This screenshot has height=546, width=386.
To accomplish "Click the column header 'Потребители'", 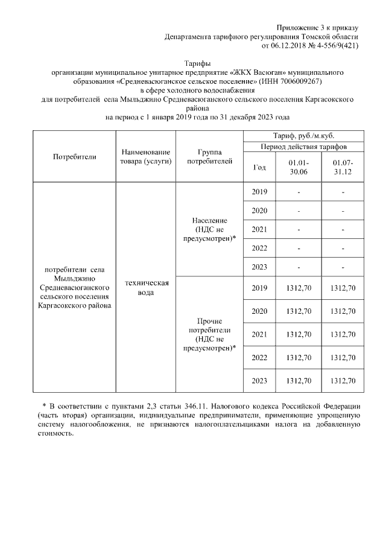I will click(x=74, y=156).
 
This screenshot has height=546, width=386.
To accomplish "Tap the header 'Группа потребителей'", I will click(x=209, y=157).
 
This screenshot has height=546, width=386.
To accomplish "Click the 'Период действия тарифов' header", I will click(x=303, y=147).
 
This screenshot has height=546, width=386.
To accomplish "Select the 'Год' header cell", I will click(x=259, y=168).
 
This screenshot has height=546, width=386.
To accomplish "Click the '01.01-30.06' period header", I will click(x=299, y=168).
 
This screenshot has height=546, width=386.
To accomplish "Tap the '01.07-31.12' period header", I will click(x=343, y=168).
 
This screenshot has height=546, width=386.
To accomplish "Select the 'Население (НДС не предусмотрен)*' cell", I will click(x=209, y=229).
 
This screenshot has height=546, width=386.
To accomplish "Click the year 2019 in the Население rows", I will click(x=259, y=192).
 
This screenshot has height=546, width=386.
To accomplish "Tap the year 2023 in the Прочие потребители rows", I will click(x=259, y=380).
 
